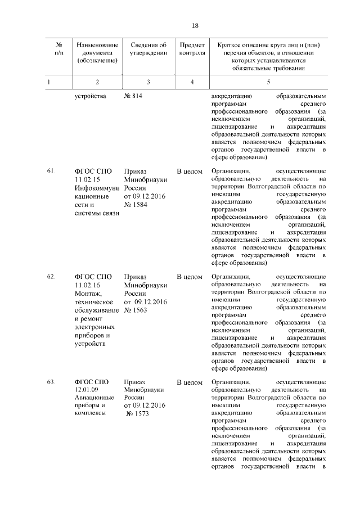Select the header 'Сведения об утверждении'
click(x=148, y=49)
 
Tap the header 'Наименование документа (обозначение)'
click(x=98, y=53)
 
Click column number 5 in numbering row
click(x=268, y=82)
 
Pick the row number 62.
click(x=51, y=277)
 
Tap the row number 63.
click(x=51, y=382)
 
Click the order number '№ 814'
click(x=133, y=96)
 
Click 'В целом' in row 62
click(x=189, y=277)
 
